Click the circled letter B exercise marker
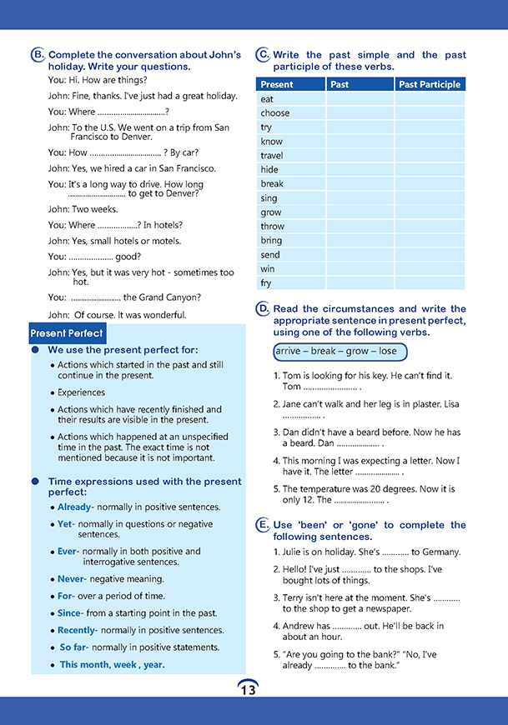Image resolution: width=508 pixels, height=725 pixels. coord(38,55)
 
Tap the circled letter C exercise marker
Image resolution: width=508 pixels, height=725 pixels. coord(263,55)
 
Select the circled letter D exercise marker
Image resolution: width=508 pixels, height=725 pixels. coord(263,309)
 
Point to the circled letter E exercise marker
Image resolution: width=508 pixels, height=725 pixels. coord(263,525)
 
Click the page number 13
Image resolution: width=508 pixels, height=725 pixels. coord(248,689)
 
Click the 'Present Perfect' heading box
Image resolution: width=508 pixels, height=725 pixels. coord(67,333)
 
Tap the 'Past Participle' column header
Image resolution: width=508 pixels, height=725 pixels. coord(430,84)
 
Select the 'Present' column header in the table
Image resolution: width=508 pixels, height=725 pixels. coord(277,84)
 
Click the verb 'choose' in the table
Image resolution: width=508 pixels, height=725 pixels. coord(275,113)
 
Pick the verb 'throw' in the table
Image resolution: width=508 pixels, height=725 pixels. coord(273,227)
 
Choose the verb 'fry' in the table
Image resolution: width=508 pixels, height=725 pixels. coord(266,283)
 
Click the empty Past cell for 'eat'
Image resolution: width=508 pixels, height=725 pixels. coord(360,99)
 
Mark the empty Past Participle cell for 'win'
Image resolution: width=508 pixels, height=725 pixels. coord(430,269)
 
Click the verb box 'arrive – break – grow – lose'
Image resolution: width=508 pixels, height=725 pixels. coord(340,352)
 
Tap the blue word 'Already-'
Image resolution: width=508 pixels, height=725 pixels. coord(75,507)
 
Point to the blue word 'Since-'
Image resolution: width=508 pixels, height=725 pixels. coord(69,613)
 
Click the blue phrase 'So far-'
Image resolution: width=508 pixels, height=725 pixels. coord(74,647)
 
